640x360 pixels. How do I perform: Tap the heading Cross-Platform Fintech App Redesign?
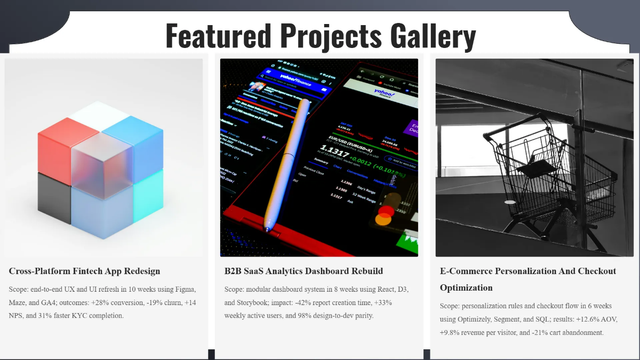[x=84, y=271]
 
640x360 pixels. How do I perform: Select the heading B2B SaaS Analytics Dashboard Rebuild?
[x=303, y=271]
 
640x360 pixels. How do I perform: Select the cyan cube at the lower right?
[x=148, y=203]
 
